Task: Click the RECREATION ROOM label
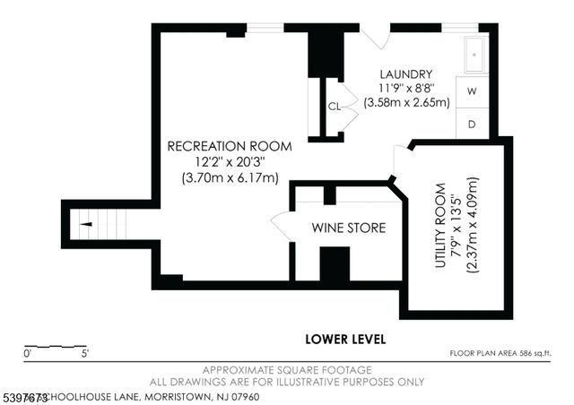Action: [230, 145]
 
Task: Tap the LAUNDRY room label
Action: [405, 74]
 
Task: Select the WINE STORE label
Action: [348, 228]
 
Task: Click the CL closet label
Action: [334, 106]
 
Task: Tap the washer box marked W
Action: [472, 91]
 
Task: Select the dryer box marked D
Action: [472, 124]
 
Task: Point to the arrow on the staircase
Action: [86, 224]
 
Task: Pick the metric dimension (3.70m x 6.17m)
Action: [230, 177]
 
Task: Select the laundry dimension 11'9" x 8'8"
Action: [405, 89]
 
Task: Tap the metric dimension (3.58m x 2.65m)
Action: [405, 103]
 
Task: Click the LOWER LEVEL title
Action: [345, 339]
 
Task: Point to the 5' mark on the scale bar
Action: [84, 354]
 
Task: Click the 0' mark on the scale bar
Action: [27, 354]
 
